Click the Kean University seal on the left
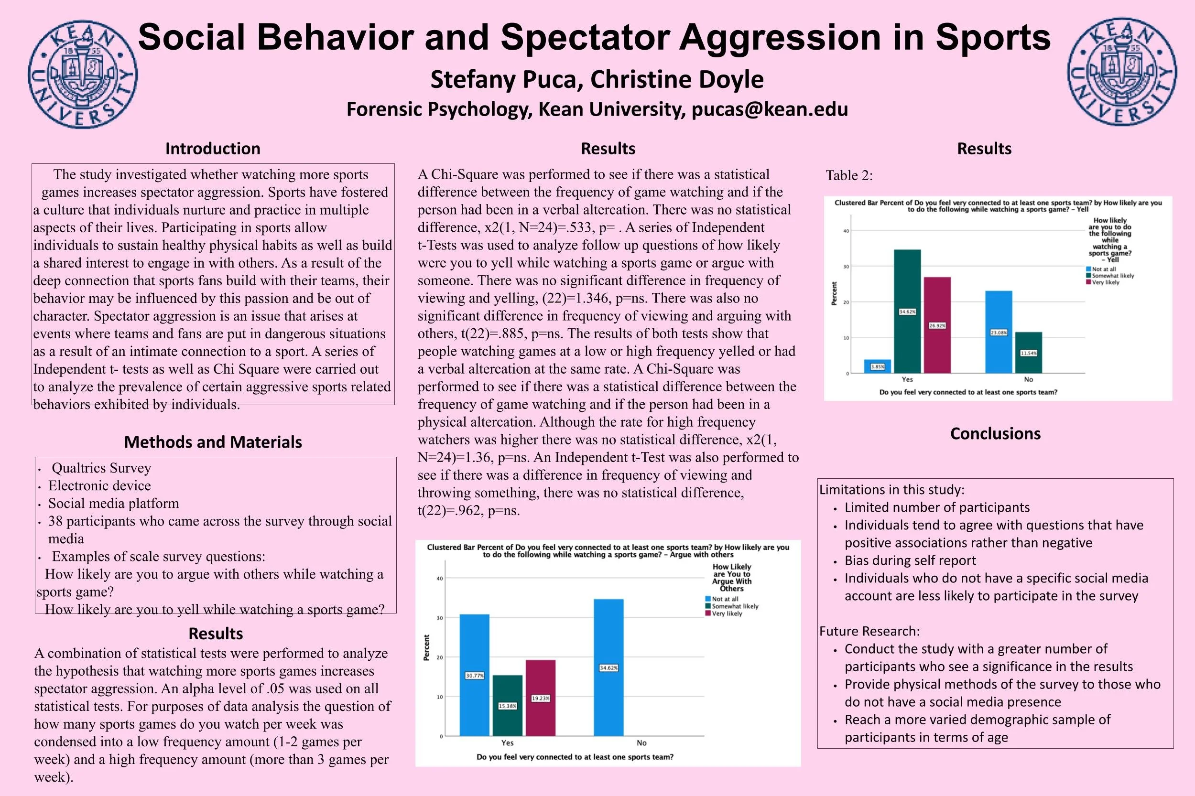[82, 74]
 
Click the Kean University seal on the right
[1121, 72]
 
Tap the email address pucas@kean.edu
[770, 109]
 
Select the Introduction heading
[213, 149]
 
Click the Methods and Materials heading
[213, 442]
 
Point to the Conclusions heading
[995, 433]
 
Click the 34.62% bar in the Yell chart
[907, 311]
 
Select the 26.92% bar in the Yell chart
[937, 325]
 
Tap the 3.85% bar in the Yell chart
[878, 366]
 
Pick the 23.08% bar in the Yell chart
[999, 332]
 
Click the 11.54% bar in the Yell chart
[1029, 353]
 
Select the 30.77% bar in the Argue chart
[474, 675]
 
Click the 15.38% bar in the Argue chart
[507, 706]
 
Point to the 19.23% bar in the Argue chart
[540, 698]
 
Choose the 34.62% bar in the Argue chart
[608, 667]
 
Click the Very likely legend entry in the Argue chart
[726, 614]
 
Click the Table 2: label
[849, 176]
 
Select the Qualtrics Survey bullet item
[101, 468]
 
